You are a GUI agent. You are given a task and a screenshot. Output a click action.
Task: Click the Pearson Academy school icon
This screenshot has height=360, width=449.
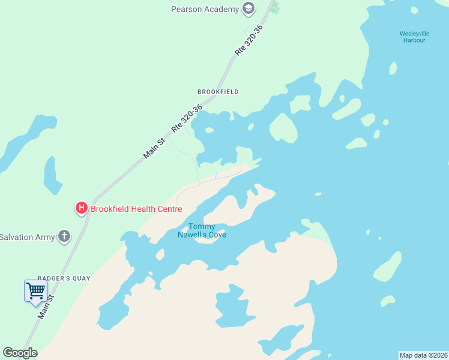[248, 9]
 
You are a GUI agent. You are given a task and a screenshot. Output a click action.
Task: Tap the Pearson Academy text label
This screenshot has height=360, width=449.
[205, 9]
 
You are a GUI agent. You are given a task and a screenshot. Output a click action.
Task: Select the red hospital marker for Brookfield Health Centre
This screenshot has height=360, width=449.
[81, 209]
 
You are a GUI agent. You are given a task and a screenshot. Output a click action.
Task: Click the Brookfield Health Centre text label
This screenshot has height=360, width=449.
[136, 209]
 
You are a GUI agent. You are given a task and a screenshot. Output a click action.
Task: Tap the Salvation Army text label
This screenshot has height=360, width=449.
[27, 236]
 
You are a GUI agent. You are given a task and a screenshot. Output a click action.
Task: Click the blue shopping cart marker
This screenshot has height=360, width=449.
[35, 291]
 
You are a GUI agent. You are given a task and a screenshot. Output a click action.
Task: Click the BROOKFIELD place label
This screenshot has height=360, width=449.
[218, 92]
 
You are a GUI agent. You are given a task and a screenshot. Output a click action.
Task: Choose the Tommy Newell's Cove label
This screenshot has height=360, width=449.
[202, 230]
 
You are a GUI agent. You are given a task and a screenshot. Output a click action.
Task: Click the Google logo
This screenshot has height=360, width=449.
[20, 353]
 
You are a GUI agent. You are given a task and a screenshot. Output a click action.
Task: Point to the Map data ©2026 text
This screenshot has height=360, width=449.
[423, 355]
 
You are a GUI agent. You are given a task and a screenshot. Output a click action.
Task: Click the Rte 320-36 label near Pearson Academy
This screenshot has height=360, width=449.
[249, 41]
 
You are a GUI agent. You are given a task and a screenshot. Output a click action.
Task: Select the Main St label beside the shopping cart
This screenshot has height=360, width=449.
[46, 306]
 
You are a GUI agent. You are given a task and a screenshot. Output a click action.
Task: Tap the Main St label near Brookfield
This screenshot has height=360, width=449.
[154, 148]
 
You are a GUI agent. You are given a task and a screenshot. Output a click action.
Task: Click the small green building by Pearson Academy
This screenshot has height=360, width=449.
[275, 8]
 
